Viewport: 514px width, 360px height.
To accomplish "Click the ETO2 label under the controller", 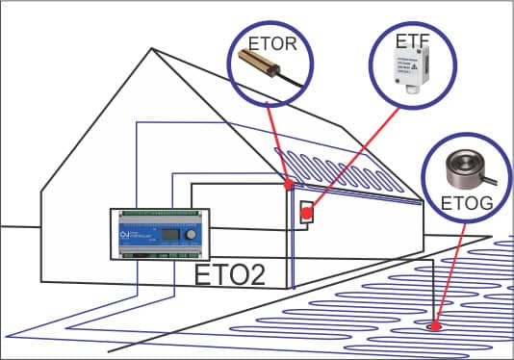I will [x=230, y=273].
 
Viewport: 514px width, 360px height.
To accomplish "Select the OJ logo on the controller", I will [x=123, y=234].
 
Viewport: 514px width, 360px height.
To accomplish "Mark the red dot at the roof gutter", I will [x=289, y=183].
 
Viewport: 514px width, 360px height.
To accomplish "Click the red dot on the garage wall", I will [x=308, y=213].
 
